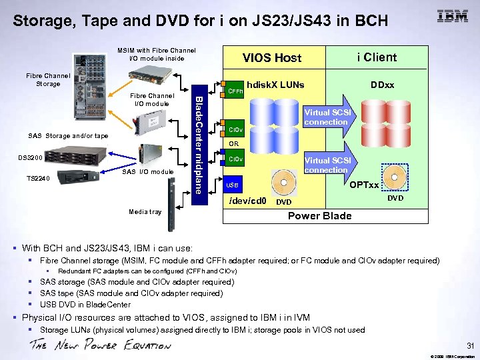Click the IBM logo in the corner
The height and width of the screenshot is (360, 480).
coord(452,17)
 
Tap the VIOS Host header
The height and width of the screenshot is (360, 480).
coord(271,58)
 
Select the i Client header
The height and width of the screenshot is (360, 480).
coord(376,57)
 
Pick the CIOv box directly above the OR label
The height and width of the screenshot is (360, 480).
coord(235,129)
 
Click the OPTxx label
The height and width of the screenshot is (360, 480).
coord(364,185)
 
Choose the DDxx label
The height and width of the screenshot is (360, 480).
coord(383,85)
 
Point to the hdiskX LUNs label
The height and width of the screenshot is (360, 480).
coord(275,85)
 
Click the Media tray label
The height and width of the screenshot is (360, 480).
coord(145,212)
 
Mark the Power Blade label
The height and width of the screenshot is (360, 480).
coord(319,215)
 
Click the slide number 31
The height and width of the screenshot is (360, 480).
coord(469,345)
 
